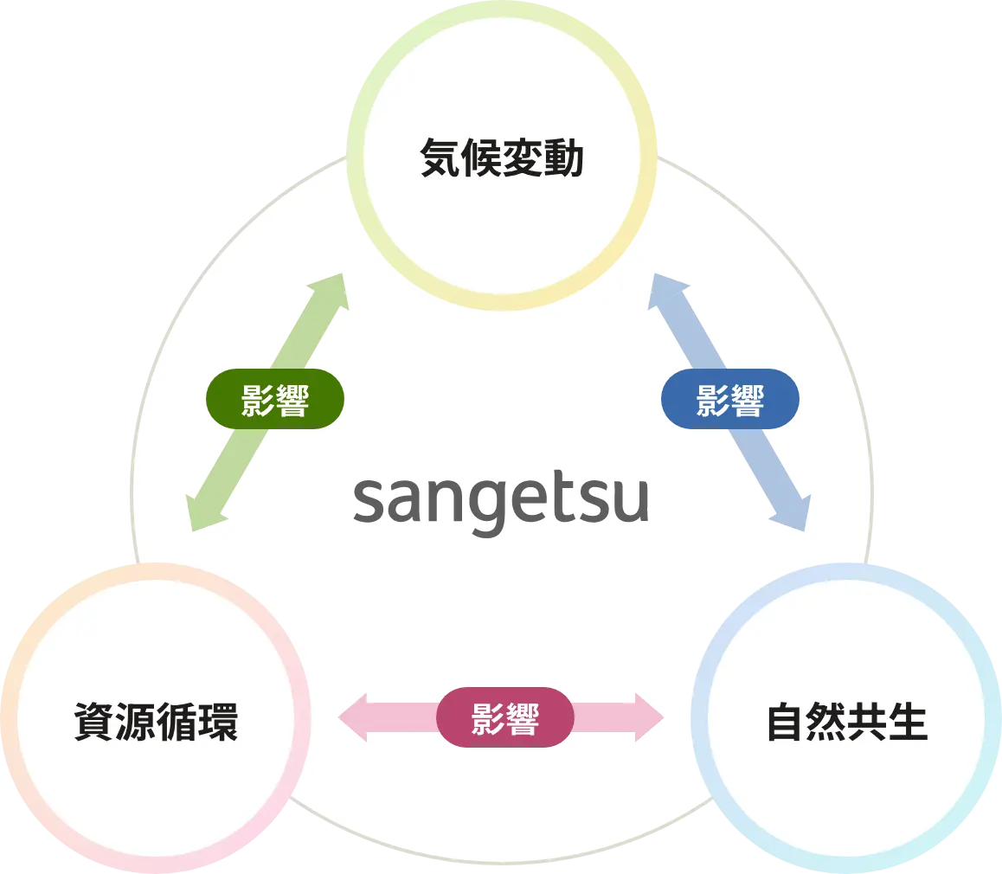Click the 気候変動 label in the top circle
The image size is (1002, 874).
(x=501, y=159)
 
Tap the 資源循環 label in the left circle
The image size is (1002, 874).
(x=156, y=723)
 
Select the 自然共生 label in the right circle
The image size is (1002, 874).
(x=847, y=723)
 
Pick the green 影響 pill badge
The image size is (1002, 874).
(x=275, y=400)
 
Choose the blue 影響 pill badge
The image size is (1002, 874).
(x=729, y=400)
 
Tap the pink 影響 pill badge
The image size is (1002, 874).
(x=504, y=717)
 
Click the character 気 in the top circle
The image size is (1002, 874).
(x=440, y=159)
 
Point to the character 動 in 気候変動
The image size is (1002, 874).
(x=563, y=159)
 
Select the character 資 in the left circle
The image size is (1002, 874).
(x=94, y=723)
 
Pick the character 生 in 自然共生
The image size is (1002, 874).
(x=908, y=723)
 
